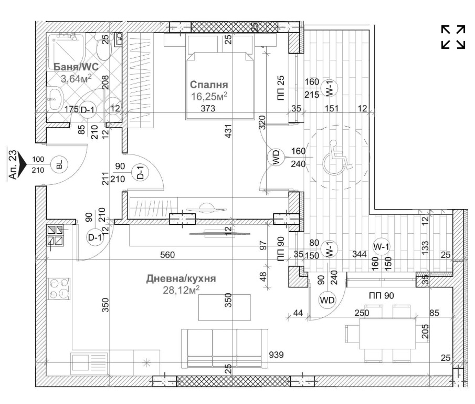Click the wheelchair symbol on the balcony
336,158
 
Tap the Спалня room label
209,85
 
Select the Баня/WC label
76,67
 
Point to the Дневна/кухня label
181,278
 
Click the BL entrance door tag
60,164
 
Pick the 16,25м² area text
209,96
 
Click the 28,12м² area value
181,290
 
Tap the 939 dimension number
276,354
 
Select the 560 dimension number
167,255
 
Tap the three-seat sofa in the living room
225,348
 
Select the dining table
387,333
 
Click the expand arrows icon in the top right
453,37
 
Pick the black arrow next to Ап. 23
22,164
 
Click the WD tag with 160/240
276,158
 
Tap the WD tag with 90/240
327,300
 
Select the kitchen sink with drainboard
89,364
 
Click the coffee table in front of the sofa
225,307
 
